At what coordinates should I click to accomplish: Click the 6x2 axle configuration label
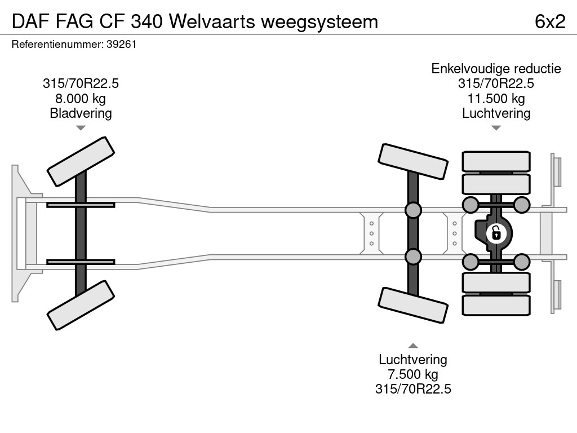coord(550,21)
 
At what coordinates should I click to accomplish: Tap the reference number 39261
coord(122,44)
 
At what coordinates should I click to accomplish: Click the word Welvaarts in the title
coord(212,21)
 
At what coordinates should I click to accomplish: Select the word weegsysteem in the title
coord(319,22)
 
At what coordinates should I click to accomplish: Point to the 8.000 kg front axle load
coord(81,99)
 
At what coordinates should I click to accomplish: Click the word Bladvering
coord(81,113)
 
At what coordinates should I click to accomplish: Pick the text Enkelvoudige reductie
coord(496,68)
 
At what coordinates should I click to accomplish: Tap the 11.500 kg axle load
coord(496,99)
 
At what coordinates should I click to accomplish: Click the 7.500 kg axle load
coord(413,374)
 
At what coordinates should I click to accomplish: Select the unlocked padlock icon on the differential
coord(496,233)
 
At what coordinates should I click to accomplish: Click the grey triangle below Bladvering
coord(81,128)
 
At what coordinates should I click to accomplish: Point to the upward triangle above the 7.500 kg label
coord(413,346)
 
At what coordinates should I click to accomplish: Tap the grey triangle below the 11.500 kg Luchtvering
coord(496,128)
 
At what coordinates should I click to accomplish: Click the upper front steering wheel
coord(81,161)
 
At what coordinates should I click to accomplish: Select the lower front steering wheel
coord(81,305)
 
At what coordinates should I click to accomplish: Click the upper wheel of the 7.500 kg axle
coord(413,161)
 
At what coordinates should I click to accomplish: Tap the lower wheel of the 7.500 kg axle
coord(413,305)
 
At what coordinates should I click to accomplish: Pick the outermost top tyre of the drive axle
coord(496,161)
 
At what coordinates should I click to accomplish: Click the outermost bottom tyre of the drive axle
coord(496,305)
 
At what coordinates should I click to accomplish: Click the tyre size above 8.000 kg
coord(81,83)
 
